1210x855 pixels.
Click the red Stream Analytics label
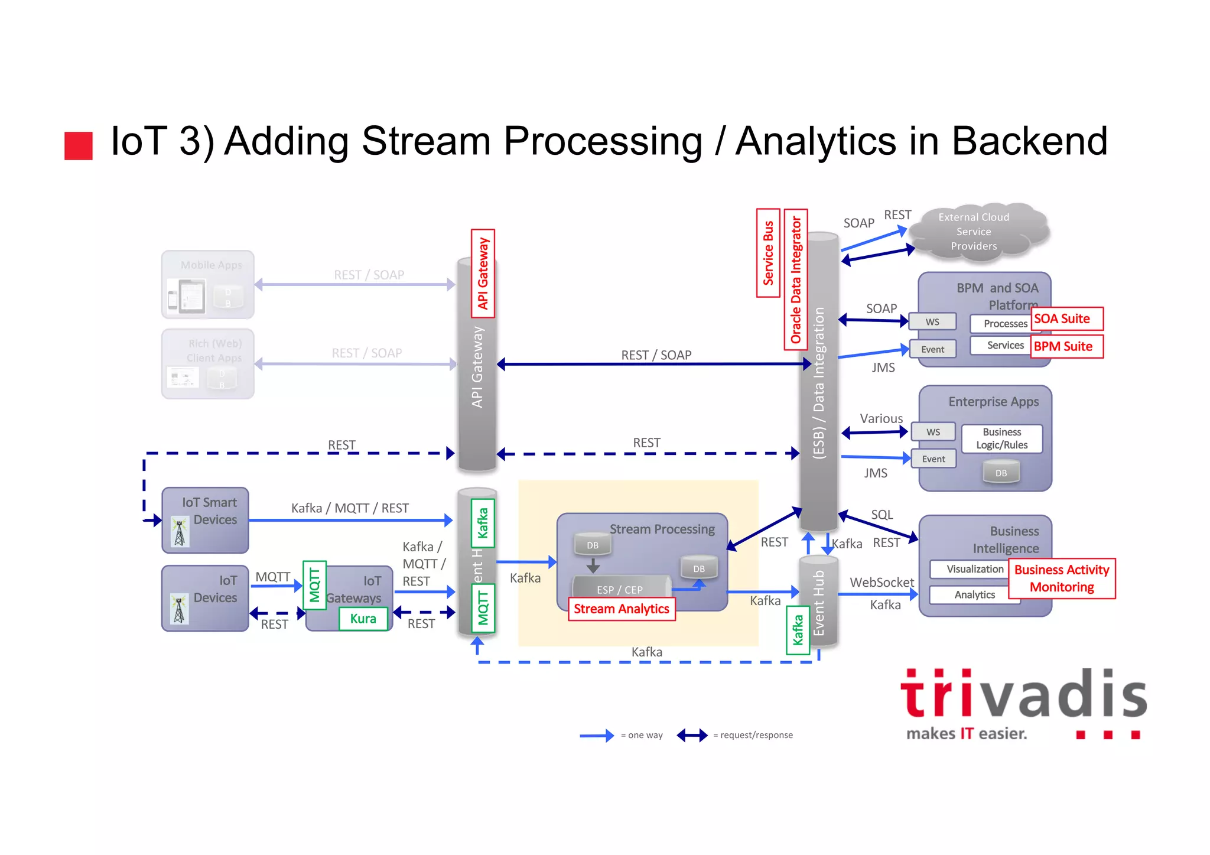click(621, 609)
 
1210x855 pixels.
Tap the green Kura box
click(363, 619)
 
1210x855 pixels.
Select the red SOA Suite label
click(1066, 319)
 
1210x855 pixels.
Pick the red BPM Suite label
click(1066, 346)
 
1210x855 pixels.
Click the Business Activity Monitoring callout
click(1062, 578)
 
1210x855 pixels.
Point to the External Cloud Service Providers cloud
click(977, 232)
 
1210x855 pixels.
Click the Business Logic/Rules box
click(1001, 438)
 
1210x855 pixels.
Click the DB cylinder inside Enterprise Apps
click(1001, 473)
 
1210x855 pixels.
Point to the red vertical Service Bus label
click(768, 253)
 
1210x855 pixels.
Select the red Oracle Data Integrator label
click(796, 279)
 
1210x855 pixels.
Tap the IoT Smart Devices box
click(205, 520)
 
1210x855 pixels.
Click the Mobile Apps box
click(208, 285)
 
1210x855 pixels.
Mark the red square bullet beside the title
click(79, 145)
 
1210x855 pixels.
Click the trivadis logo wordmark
click(1023, 695)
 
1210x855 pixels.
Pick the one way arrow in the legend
click(596, 736)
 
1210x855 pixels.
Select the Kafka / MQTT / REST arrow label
click(350, 508)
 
